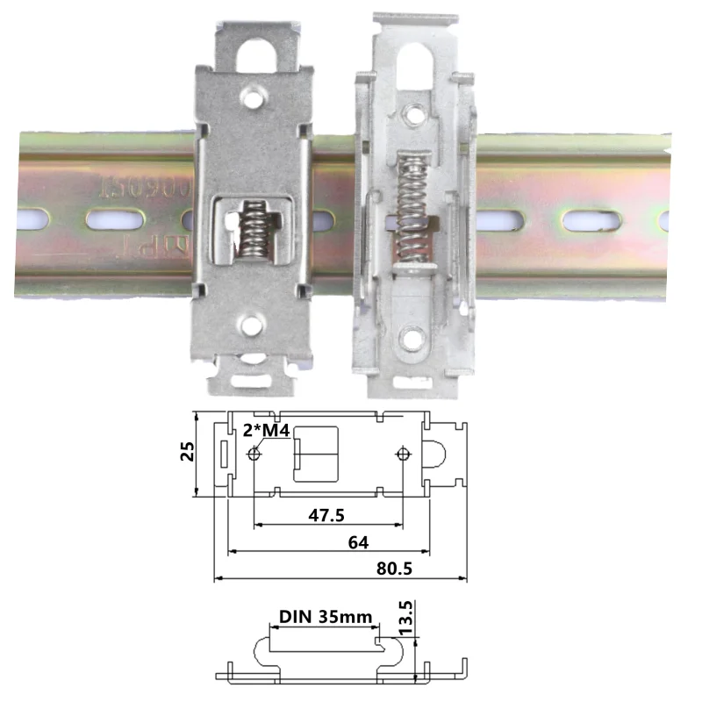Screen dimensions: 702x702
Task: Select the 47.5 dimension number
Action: point(326,515)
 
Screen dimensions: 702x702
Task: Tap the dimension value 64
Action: point(358,542)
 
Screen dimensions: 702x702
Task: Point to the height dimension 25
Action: point(185,452)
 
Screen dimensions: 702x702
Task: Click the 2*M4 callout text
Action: point(266,430)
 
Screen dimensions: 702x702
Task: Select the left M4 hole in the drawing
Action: point(254,454)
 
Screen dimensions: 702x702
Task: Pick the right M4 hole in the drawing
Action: point(403,454)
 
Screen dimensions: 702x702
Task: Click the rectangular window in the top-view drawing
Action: point(314,453)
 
